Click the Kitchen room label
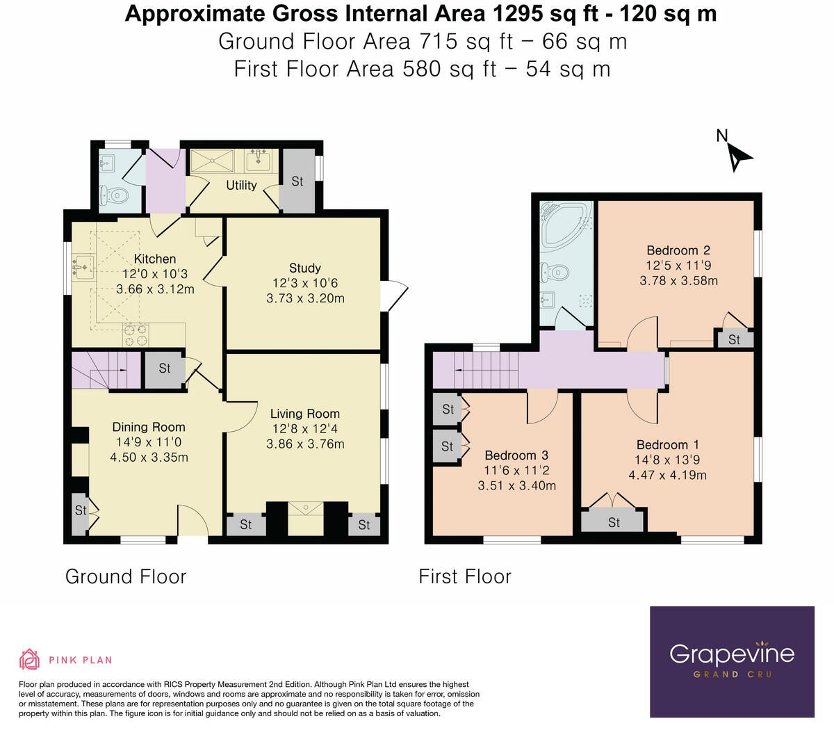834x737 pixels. (x=155, y=259)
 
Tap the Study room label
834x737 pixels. (x=304, y=268)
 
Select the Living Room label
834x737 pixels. (x=305, y=414)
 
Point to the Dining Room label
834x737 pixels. (x=149, y=427)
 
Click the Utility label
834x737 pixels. (x=241, y=186)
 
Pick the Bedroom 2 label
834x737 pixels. (x=678, y=250)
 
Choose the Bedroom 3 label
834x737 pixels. (x=516, y=455)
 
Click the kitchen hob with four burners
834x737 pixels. (x=136, y=335)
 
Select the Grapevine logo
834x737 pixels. (x=732, y=662)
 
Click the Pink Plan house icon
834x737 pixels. (x=30, y=660)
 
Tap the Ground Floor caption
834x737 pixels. (x=126, y=577)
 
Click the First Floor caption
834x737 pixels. (x=465, y=576)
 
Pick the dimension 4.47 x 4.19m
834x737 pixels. (x=667, y=475)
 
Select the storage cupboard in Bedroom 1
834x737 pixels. (x=612, y=520)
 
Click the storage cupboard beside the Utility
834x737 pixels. (x=297, y=181)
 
